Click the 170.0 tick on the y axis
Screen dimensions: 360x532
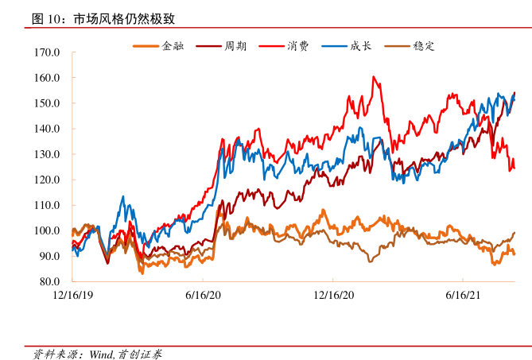tap(49, 52)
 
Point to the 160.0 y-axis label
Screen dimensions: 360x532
tap(49, 78)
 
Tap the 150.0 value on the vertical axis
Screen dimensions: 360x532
tap(49, 103)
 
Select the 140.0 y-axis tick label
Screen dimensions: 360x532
tap(49, 129)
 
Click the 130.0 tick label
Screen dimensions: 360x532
tap(49, 154)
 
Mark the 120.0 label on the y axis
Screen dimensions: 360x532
tap(49, 180)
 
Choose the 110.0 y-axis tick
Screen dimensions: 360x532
tap(49, 205)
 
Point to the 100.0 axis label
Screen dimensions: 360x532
tap(49, 230)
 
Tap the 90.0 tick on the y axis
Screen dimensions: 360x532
tap(51, 256)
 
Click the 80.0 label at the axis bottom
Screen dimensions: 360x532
tap(51, 281)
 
